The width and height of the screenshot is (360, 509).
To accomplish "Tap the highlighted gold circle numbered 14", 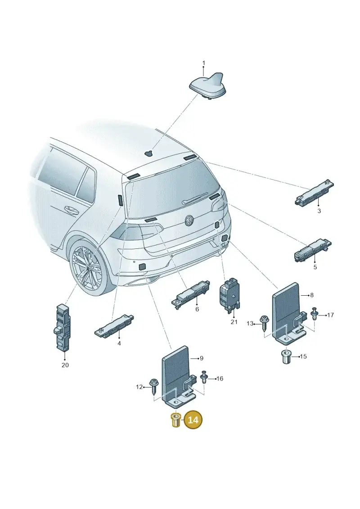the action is [x=193, y=420].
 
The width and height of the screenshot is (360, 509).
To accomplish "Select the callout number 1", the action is [x=204, y=63].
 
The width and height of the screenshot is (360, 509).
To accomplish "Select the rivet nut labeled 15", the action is [x=286, y=357].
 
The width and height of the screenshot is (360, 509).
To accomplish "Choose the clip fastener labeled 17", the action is [x=314, y=314].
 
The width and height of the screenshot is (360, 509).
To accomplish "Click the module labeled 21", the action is [x=230, y=294].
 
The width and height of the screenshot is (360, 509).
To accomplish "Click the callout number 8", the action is [x=312, y=295].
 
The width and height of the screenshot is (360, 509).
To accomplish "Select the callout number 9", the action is [x=202, y=358].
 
